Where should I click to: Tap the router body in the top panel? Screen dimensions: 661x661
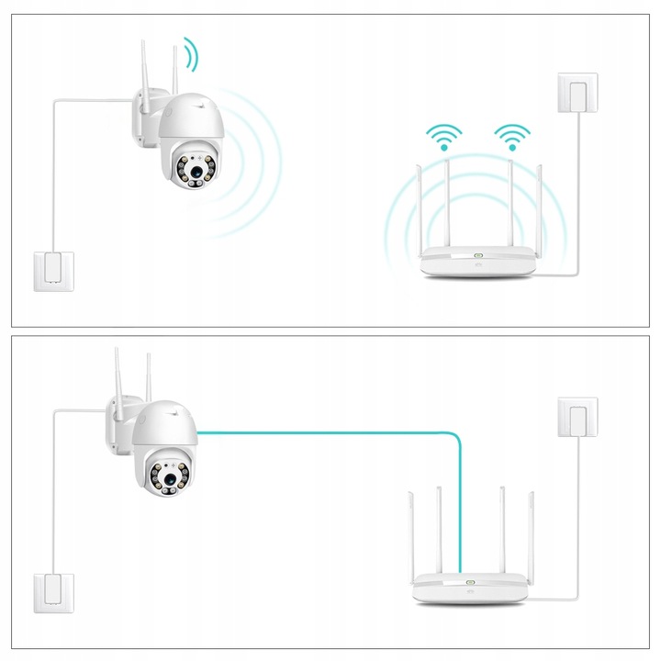pos(476,263)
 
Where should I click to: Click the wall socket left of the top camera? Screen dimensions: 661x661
pos(51,271)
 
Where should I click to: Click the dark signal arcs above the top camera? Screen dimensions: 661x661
pos(189,54)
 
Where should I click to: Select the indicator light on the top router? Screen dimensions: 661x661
pos(476,256)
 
